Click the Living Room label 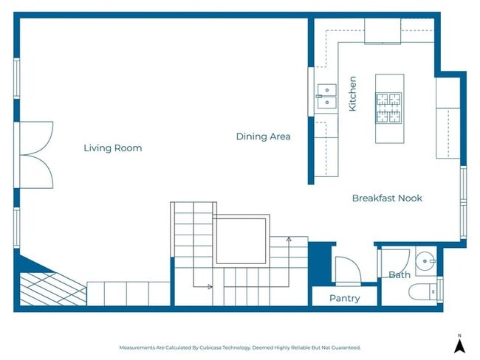pos(112,148)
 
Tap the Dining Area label pos(263,136)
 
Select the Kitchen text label pos(352,94)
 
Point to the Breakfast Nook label pos(387,198)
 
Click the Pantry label pos(344,298)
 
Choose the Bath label pos(400,275)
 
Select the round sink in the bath pos(425,260)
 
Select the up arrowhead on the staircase pos(289,239)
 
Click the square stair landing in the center pos(241,240)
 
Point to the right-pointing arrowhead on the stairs pos(210,286)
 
